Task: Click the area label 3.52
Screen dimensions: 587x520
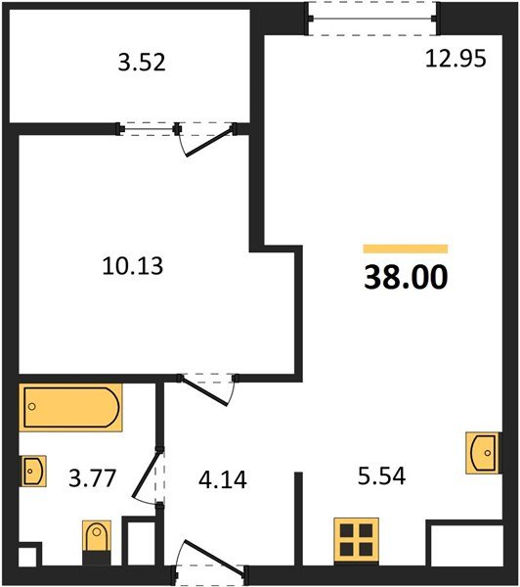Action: click(x=141, y=65)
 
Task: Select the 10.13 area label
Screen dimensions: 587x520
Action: click(x=131, y=264)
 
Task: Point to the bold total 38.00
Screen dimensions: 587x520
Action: click(x=406, y=278)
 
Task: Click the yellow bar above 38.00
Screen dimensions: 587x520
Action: click(x=406, y=249)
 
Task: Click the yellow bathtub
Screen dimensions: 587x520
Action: click(x=71, y=409)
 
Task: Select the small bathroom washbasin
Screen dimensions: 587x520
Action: click(x=32, y=471)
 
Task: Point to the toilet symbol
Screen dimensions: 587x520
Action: click(x=97, y=541)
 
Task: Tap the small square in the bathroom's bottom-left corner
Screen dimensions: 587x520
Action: click(x=28, y=557)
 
